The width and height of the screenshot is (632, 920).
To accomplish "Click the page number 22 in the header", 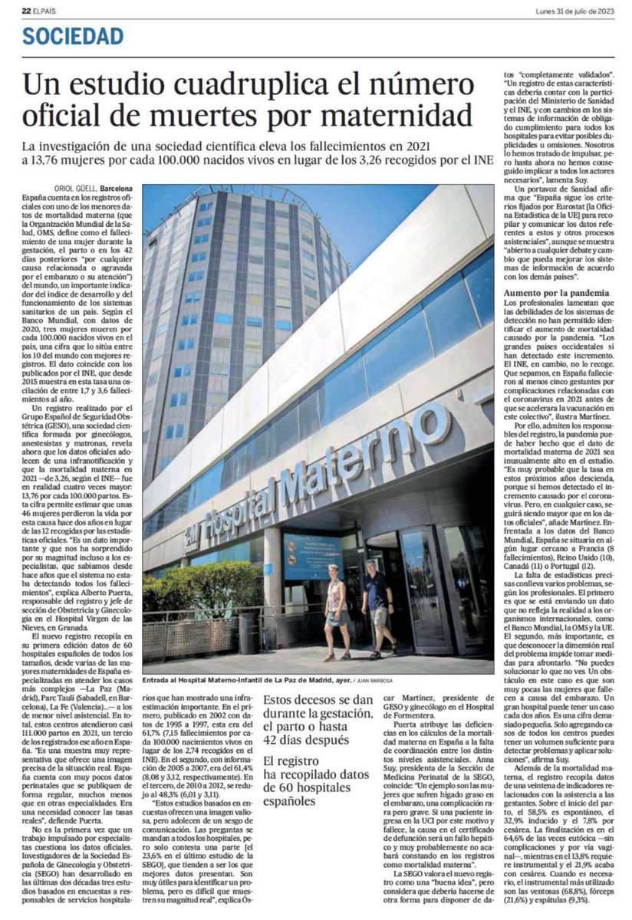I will tap(26, 9).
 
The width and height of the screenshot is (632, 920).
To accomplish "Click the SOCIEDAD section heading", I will tap(73, 35).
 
